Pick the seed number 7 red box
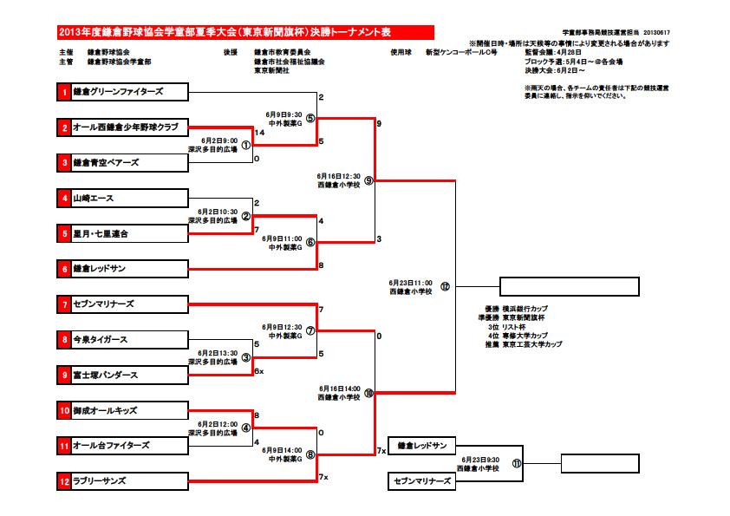click(63, 304)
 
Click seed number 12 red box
click(63, 480)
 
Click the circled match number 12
click(446, 286)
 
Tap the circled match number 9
click(368, 180)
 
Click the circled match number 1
click(245, 145)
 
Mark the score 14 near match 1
click(259, 132)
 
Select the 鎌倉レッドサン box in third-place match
click(421, 446)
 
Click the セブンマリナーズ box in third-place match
click(421, 480)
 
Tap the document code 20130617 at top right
click(657, 33)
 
